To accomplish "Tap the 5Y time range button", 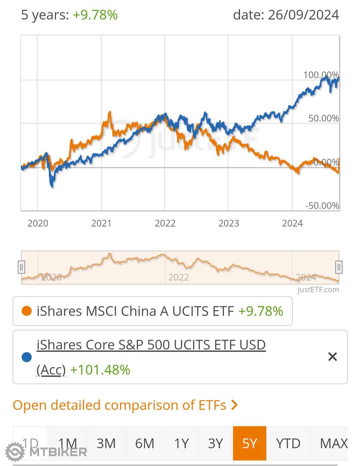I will pos(249,443).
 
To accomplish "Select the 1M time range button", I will pos(68,443).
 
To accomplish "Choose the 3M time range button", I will pos(106,443).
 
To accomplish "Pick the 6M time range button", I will pos(145,443).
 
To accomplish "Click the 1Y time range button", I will pos(181,443).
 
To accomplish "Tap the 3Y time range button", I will pos(215,443).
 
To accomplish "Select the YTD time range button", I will pos(288,443).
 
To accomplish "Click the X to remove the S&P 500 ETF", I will pos(332,357).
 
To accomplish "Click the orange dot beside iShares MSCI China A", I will pos(26,311).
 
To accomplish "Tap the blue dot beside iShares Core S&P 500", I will pos(26,357).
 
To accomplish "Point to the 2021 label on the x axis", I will pos(101,223).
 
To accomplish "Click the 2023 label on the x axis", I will pos(229,223).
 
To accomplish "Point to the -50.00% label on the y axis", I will pos(322,205).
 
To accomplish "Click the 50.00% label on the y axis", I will pos(323,118).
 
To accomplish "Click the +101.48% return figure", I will pos(100,370).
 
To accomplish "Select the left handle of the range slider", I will pos(21,267).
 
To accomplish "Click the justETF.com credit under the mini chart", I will pos(318,289).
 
